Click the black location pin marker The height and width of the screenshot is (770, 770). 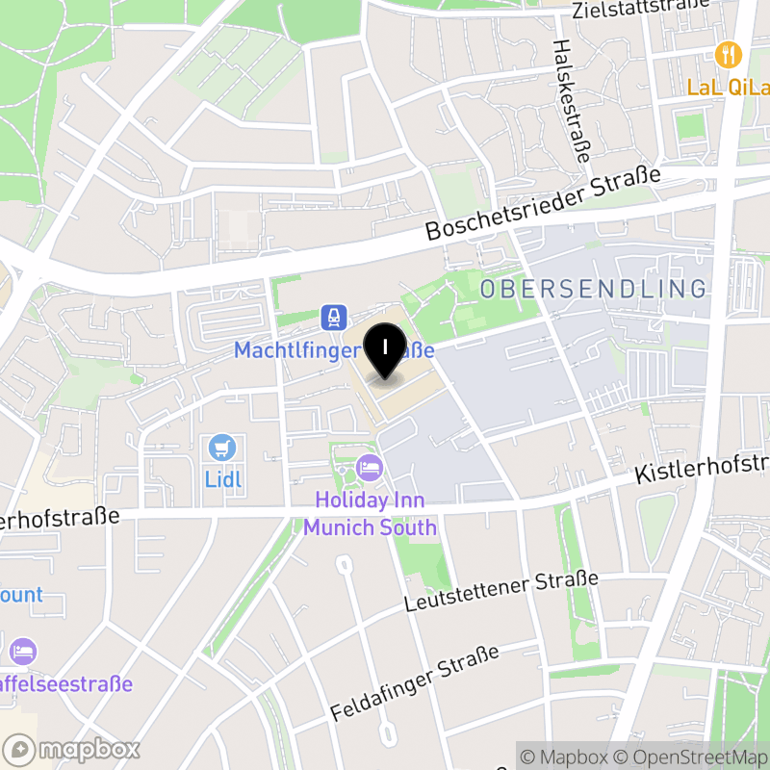point(386,350)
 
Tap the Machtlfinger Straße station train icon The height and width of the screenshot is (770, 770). point(333,316)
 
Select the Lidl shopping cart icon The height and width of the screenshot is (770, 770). point(222,447)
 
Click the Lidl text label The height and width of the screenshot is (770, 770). point(223,478)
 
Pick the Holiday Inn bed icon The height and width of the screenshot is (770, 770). point(370,469)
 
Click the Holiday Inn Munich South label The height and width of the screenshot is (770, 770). point(371,514)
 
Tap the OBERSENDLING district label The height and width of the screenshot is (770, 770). point(593,288)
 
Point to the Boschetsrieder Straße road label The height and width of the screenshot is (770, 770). point(545,204)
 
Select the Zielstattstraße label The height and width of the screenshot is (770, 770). point(639,10)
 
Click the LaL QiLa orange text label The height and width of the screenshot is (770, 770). point(727,88)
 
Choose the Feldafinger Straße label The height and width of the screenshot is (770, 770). point(415,683)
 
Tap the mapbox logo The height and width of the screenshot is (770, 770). point(72,749)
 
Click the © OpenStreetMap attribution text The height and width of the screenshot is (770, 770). point(694,757)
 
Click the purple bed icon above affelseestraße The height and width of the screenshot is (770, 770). point(23,651)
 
